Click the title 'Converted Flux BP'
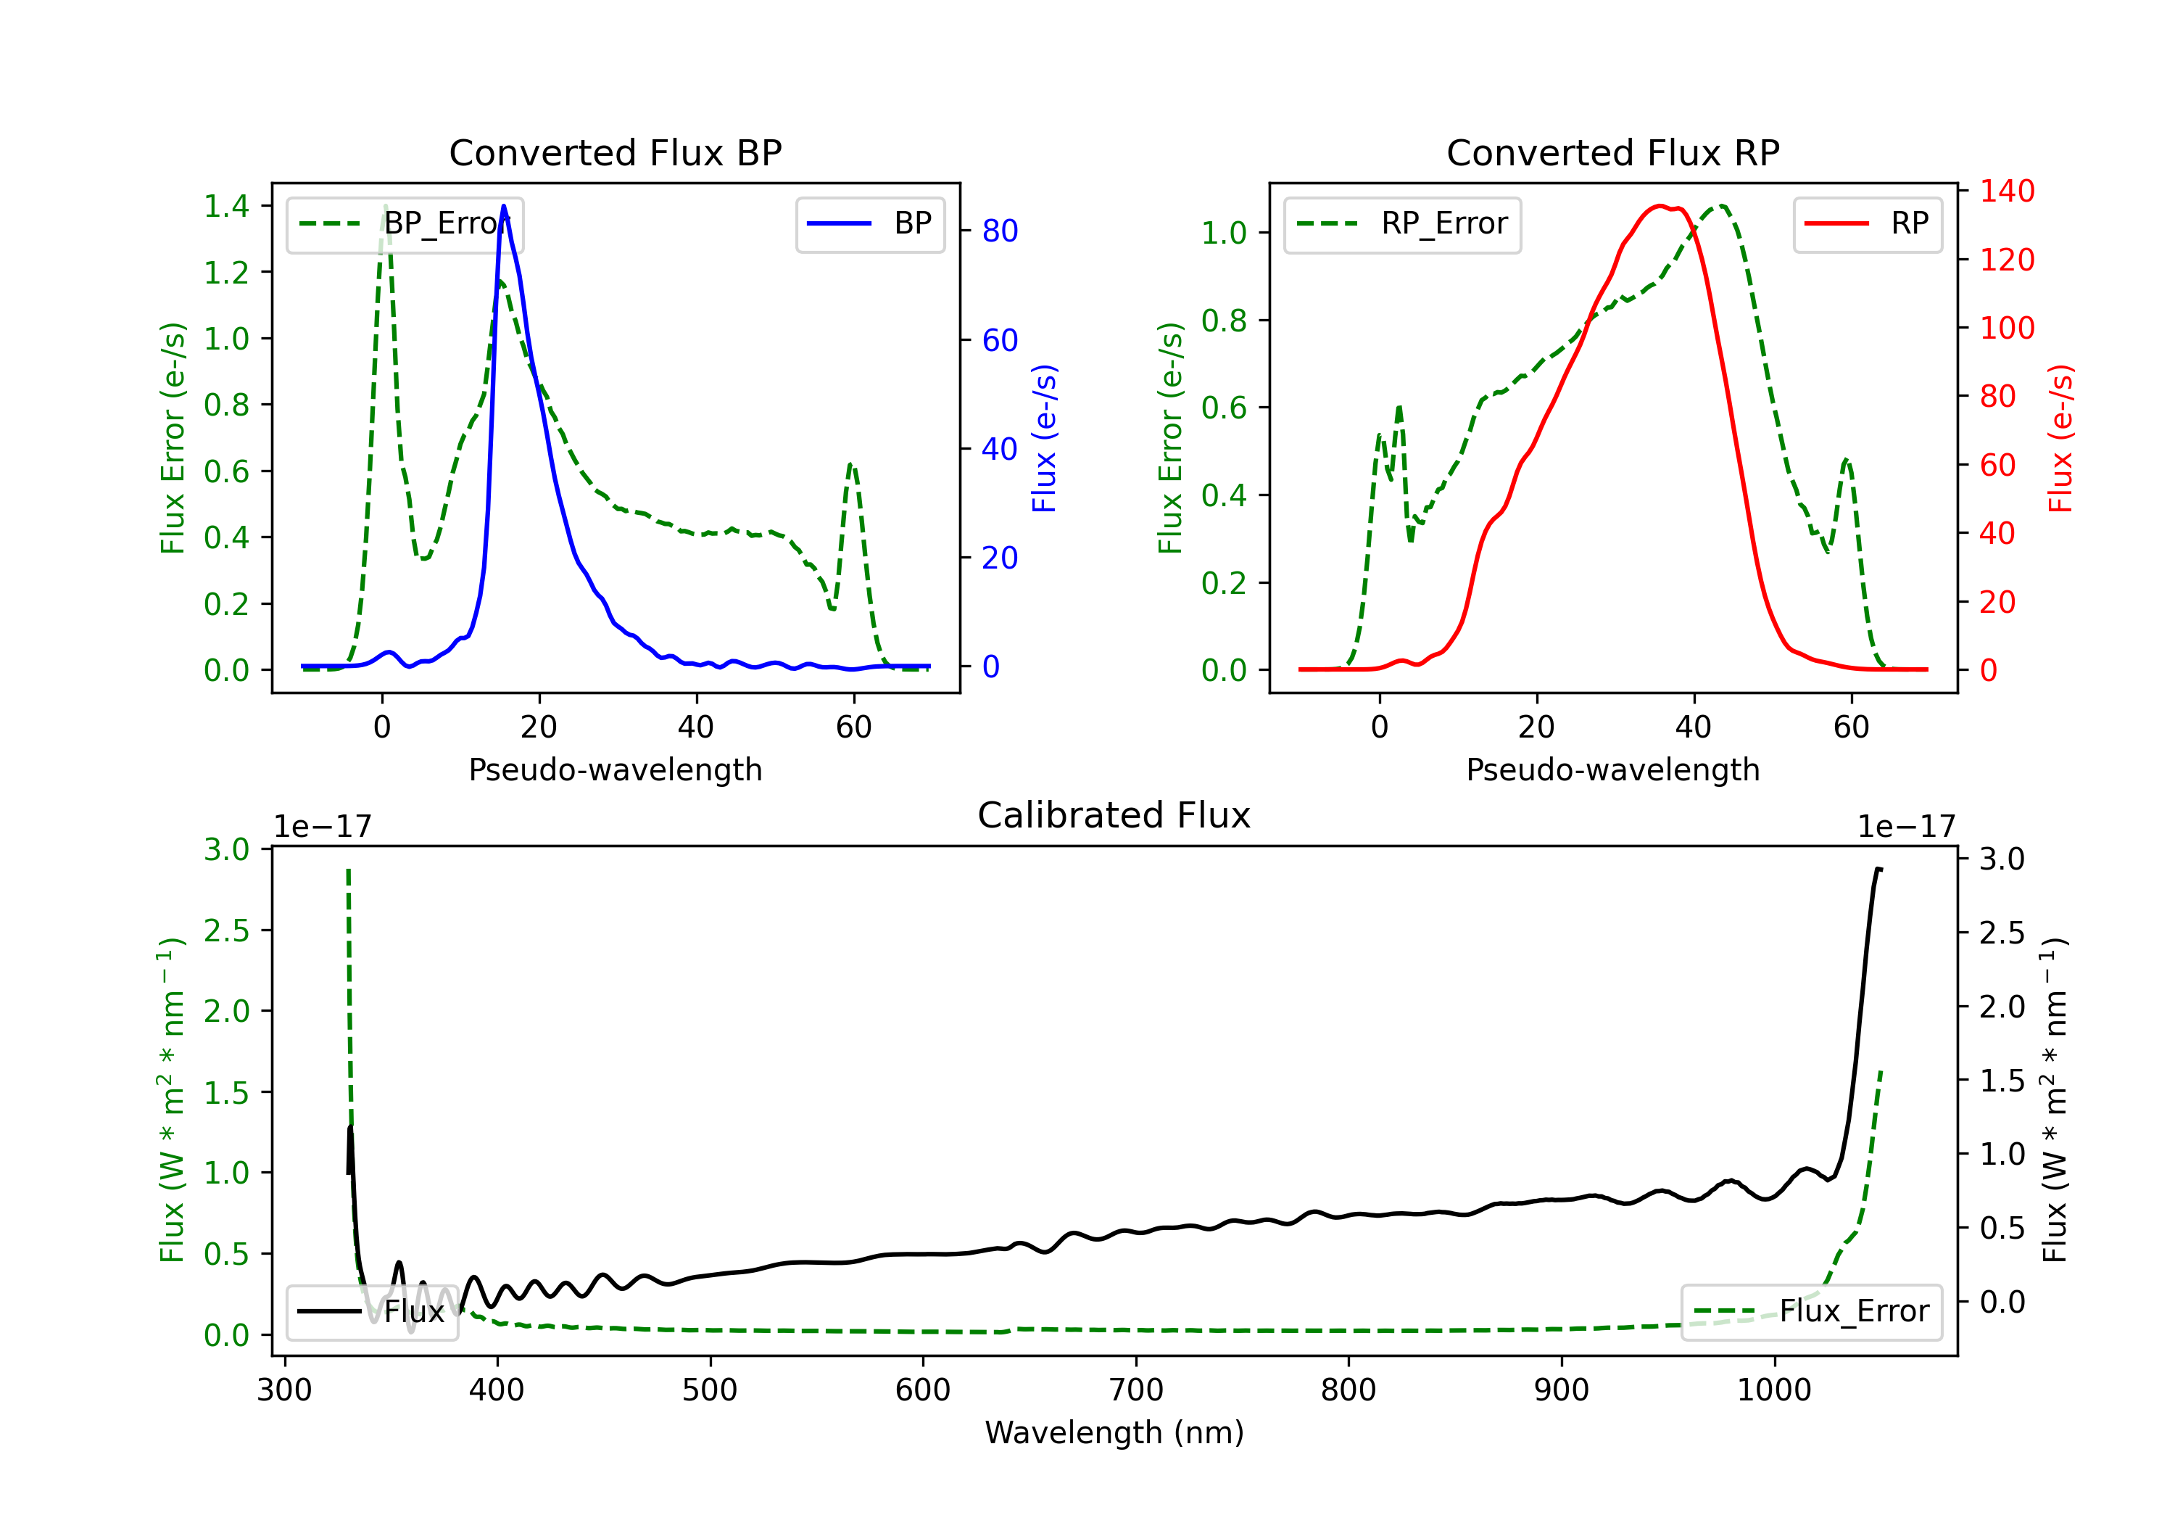[616, 152]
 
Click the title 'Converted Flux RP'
[1613, 152]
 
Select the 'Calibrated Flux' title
[1114, 815]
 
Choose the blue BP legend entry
[869, 223]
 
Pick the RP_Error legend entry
[1402, 223]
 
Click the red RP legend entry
[1867, 223]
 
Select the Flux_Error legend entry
[1811, 1312]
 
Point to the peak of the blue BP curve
[504, 206]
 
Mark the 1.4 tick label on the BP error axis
[226, 206]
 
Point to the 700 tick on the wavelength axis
[1136, 1390]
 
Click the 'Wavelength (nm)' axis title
[1114, 1433]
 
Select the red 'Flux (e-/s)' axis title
[2061, 439]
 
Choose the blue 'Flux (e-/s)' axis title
[1045, 439]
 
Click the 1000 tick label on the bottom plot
[1774, 1390]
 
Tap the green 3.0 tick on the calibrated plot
[226, 849]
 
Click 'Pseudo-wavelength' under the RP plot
[1613, 769]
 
